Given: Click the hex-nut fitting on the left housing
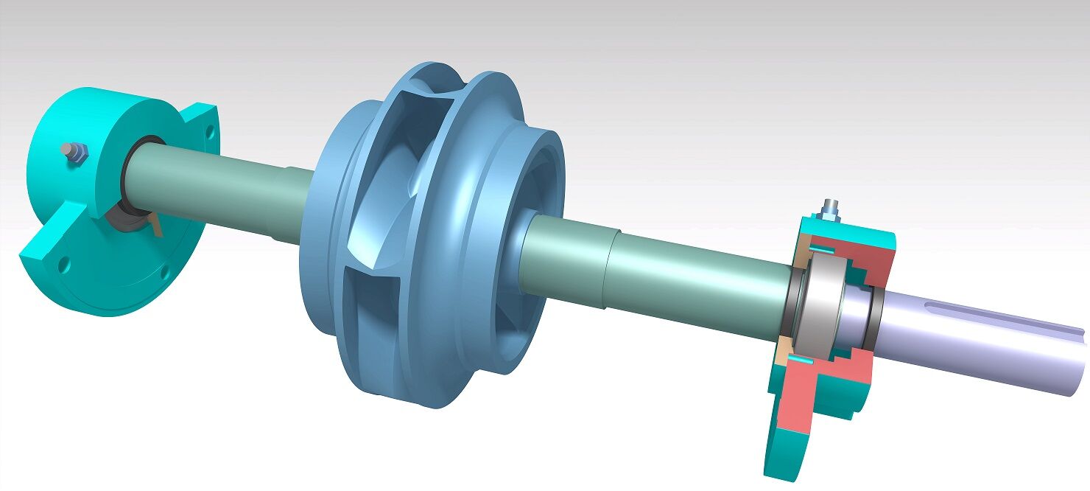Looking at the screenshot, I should [75, 153].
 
